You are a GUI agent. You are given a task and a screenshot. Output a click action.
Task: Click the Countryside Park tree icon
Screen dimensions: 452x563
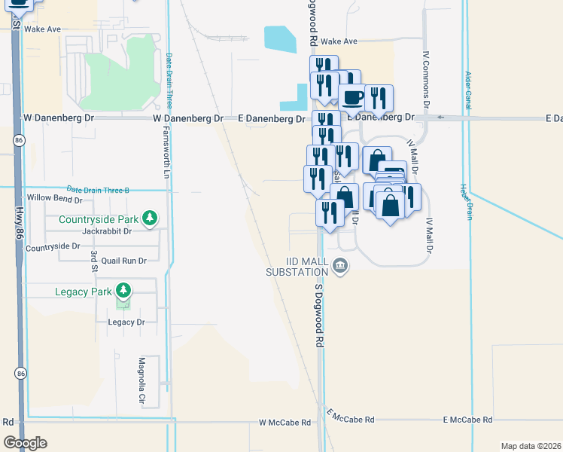pyautogui.click(x=151, y=218)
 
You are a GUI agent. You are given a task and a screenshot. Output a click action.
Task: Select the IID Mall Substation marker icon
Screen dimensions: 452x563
pyautogui.click(x=340, y=264)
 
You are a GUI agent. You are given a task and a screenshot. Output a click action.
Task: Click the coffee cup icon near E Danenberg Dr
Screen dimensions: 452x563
pyautogui.click(x=351, y=97)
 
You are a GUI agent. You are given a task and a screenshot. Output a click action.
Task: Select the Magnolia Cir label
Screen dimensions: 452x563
pyautogui.click(x=141, y=381)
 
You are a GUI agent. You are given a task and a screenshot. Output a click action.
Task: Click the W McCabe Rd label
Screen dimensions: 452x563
pyautogui.click(x=285, y=423)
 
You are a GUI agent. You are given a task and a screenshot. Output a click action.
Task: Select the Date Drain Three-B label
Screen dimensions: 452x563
pyautogui.click(x=98, y=190)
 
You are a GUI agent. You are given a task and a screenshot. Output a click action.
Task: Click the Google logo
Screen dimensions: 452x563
pyautogui.click(x=25, y=443)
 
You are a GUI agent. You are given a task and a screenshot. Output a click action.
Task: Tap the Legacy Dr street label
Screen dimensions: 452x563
pyautogui.click(x=126, y=322)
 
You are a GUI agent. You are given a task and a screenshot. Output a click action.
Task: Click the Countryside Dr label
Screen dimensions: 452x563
pyautogui.click(x=53, y=246)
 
